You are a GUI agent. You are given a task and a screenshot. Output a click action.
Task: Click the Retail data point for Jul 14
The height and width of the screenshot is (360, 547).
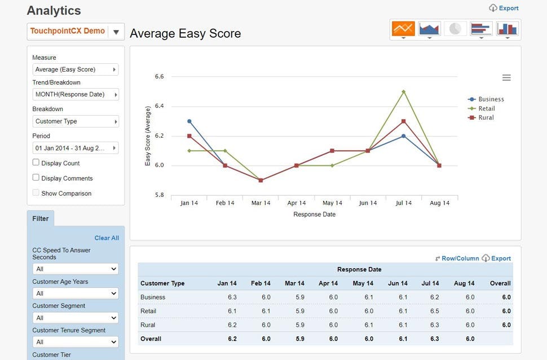coord(403,91)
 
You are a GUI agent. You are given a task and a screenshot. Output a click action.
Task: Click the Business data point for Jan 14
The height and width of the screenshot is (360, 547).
coord(189,121)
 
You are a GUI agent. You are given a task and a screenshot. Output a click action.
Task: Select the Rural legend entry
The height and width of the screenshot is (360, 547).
coord(486,117)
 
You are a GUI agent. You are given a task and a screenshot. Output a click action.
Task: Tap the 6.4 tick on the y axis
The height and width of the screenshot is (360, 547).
coord(159,106)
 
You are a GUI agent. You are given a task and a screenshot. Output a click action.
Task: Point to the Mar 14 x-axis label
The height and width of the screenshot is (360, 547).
coord(261,203)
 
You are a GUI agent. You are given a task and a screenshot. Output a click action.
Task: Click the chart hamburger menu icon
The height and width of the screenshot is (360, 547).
coord(506,78)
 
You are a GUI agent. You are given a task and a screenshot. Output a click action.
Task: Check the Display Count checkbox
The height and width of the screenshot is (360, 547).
coord(36,163)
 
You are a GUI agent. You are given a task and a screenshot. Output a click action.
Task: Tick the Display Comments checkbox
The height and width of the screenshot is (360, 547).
coord(36,178)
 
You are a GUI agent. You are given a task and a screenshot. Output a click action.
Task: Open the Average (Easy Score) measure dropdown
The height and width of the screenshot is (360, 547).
coord(76,69)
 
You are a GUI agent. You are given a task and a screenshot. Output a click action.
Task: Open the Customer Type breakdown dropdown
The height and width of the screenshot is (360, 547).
coord(76,121)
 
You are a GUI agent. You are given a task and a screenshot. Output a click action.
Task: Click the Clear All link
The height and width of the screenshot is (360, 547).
coord(107,238)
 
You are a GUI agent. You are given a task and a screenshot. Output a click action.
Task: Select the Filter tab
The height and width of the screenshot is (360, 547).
coord(41,218)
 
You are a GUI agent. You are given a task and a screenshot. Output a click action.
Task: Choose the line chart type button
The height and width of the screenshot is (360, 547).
coord(403,29)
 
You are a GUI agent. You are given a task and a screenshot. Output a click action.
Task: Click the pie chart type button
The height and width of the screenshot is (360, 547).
coord(456,29)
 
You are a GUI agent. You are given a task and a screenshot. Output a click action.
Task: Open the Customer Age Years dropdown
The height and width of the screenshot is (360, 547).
coord(76,293)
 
